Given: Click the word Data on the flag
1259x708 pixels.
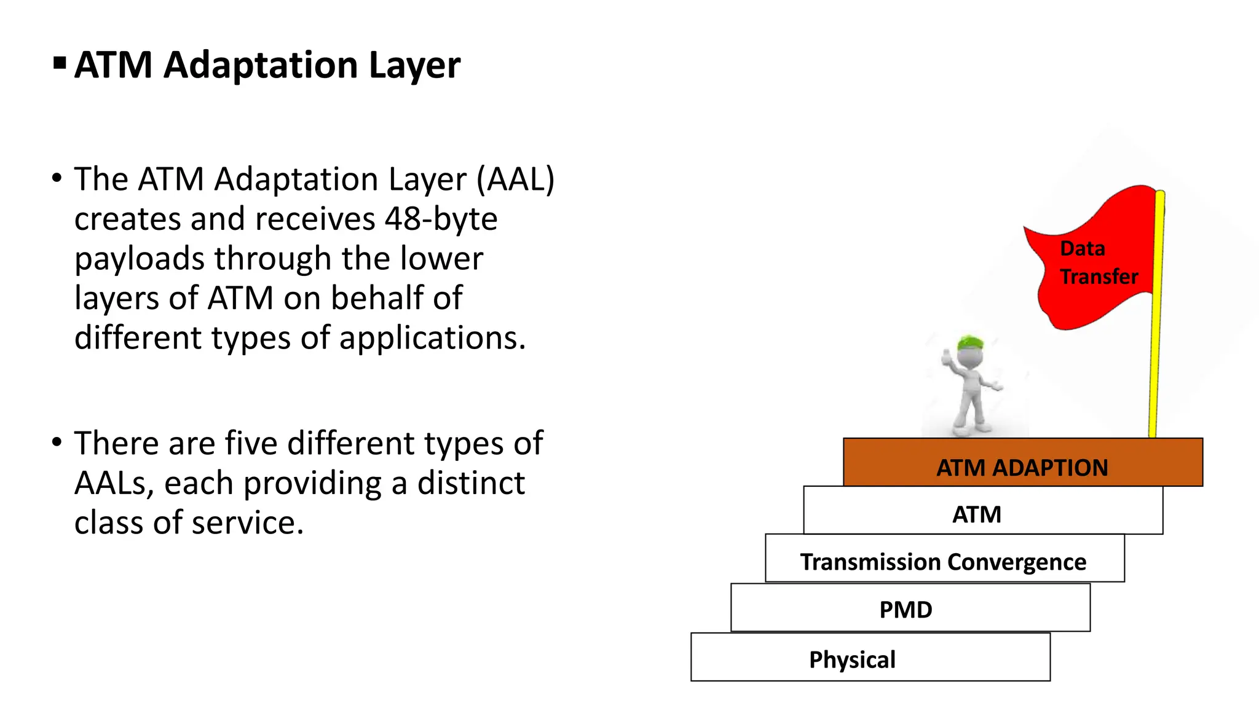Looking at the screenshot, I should (x=1083, y=249).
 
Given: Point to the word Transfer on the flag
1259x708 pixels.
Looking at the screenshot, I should (x=1099, y=277).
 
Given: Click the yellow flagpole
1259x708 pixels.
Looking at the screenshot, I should (x=1156, y=344).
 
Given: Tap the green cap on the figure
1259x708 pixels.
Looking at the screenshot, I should (x=970, y=342).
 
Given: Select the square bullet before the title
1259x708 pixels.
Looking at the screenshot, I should (x=60, y=63).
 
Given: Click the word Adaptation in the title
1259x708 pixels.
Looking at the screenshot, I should (x=260, y=65).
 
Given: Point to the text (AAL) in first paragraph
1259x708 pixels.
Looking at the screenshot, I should (x=516, y=180).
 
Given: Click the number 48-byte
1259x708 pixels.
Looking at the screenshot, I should (x=441, y=219).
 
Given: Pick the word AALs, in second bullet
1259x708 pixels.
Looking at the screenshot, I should (x=114, y=484).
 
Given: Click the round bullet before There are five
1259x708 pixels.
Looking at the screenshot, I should (x=57, y=442).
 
